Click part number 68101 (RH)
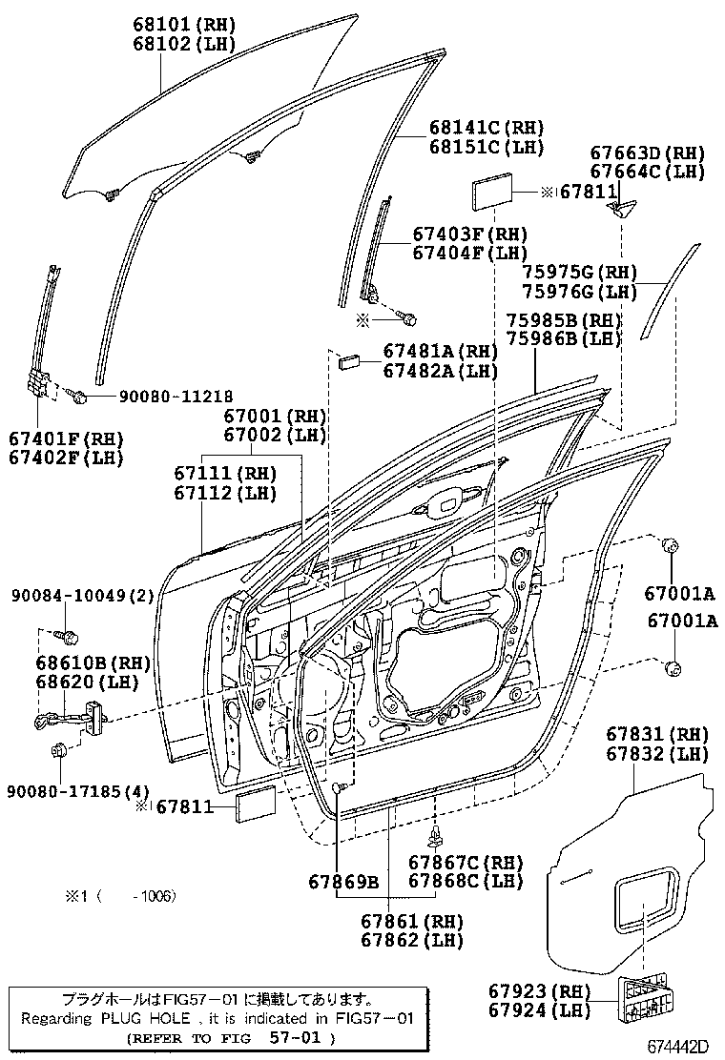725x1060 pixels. [x=184, y=23]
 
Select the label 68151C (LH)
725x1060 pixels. [x=486, y=147]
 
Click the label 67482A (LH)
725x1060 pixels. [x=441, y=372]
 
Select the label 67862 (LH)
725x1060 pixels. [x=412, y=940]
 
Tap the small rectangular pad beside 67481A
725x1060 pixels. [x=348, y=360]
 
